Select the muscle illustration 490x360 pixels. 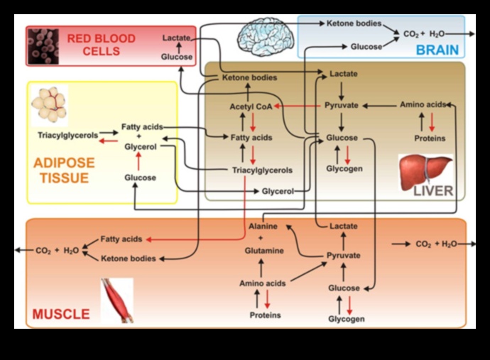pos(117,300)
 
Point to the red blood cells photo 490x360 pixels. pos(43,46)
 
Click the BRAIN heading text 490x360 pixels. pos(437,50)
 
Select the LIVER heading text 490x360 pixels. pos(432,191)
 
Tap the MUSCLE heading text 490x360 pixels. pos(61,314)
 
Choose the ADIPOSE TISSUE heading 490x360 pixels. pos(63,170)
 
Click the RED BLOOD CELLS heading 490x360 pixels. pos(101,45)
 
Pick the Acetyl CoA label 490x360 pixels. pos(250,106)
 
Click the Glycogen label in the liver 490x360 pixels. pos(344,169)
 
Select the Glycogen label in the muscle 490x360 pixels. pos(346,319)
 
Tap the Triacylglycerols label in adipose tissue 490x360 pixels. pos(67,135)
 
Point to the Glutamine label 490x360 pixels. pos(264,251)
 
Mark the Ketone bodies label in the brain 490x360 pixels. pos(354,23)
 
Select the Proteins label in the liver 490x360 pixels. pos(430,138)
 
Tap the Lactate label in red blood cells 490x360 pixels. pos(176,37)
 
